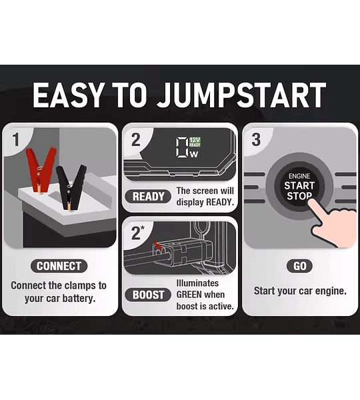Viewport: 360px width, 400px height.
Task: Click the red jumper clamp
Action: [40, 169]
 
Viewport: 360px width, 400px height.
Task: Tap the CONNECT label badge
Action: [59, 266]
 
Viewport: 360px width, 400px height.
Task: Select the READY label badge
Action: [148, 197]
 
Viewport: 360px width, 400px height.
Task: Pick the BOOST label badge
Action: [148, 295]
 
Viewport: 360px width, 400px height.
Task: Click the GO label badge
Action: [300, 266]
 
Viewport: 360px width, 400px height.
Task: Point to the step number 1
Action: [16, 139]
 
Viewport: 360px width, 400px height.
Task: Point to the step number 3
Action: [256, 140]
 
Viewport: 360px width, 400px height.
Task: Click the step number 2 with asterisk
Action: [138, 233]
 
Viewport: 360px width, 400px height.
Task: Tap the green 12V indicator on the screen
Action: [195, 140]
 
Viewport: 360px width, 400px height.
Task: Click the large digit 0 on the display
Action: [182, 147]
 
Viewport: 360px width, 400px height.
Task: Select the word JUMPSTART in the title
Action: [241, 95]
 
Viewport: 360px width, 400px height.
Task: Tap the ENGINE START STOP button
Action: [299, 187]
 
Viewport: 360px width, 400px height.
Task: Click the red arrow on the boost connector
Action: [157, 245]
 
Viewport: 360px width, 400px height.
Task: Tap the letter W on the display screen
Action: [194, 155]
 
